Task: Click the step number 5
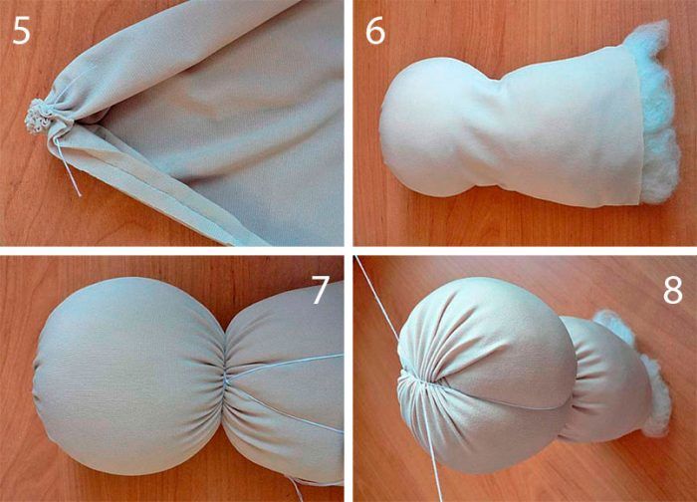coord(21,30)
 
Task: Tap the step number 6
coord(375,30)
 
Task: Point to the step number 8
coord(672,290)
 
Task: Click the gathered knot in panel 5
coord(38,117)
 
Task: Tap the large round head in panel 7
coord(128,376)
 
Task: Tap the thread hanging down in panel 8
coord(430,444)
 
